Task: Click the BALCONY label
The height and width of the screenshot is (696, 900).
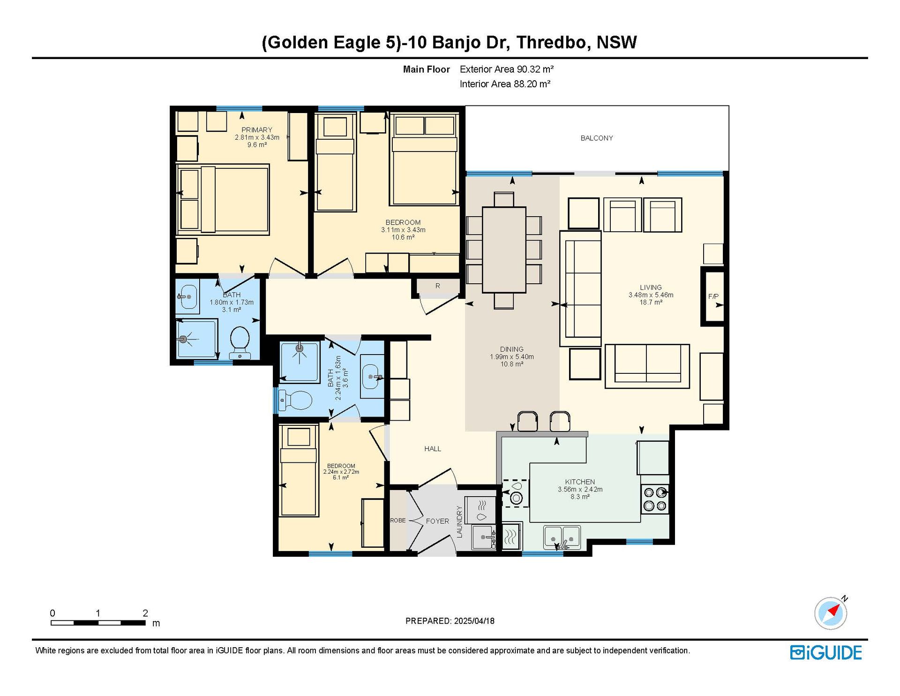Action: pyautogui.click(x=596, y=138)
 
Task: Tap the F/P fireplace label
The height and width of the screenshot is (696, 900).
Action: pyautogui.click(x=713, y=296)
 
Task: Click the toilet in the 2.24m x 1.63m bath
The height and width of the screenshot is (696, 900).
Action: pyautogui.click(x=295, y=401)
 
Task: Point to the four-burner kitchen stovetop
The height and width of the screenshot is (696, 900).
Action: pyautogui.click(x=655, y=499)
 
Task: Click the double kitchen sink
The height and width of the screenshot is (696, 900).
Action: pyautogui.click(x=562, y=537)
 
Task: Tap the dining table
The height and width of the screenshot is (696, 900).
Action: pyautogui.click(x=504, y=250)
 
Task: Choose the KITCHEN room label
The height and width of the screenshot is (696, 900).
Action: pyautogui.click(x=580, y=482)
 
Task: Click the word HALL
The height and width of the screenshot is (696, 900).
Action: pyautogui.click(x=433, y=449)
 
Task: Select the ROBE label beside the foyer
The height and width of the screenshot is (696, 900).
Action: pyautogui.click(x=398, y=521)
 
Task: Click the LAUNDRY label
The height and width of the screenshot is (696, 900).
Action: pyautogui.click(x=459, y=522)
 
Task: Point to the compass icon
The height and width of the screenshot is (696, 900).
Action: pyautogui.click(x=831, y=613)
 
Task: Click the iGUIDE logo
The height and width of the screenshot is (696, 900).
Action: pyautogui.click(x=826, y=652)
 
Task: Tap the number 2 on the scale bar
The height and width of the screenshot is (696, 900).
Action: pyautogui.click(x=145, y=613)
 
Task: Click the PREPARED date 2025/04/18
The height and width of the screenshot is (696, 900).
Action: pyautogui.click(x=474, y=621)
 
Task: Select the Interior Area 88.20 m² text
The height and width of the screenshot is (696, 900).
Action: pyautogui.click(x=505, y=84)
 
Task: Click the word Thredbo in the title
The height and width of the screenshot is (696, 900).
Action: pyautogui.click(x=551, y=42)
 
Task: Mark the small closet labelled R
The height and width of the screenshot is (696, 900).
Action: pyautogui.click(x=438, y=286)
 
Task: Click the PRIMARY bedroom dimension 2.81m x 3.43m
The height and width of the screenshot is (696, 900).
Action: pyautogui.click(x=257, y=137)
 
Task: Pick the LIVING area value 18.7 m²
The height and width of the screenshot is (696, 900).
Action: pyautogui.click(x=651, y=303)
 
